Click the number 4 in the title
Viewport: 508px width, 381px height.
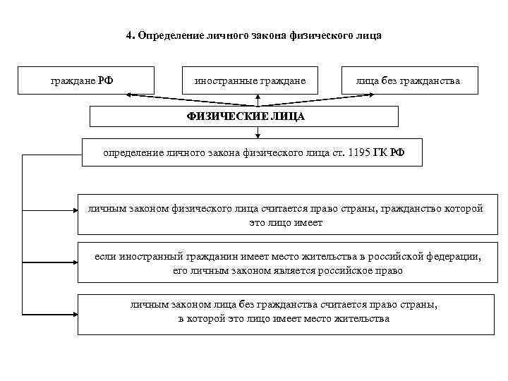[129, 35]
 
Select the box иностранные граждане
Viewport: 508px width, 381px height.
[250, 80]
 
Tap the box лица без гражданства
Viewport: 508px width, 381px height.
[409, 80]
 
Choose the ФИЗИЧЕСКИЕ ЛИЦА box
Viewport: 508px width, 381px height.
[245, 116]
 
